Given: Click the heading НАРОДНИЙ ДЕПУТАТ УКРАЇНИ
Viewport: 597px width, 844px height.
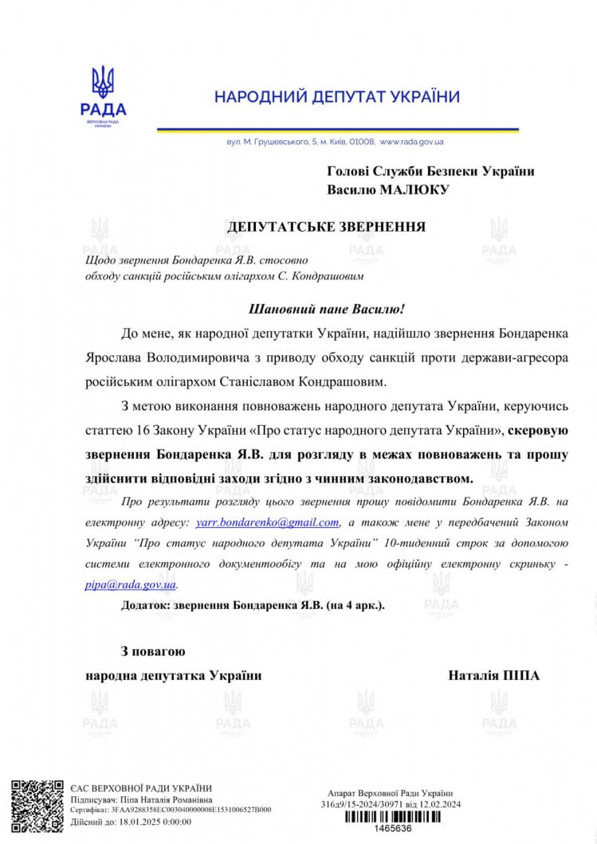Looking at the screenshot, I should coord(337,97).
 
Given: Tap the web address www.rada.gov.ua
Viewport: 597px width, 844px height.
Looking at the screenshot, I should coord(411,142).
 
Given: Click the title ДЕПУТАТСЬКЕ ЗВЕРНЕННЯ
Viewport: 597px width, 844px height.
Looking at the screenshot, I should coord(326,227).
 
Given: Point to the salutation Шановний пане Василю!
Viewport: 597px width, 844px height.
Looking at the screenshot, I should coord(327,308).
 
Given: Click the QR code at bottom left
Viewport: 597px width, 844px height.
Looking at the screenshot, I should coord(37,806).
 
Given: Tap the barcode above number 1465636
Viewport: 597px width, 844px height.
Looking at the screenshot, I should coord(393,816).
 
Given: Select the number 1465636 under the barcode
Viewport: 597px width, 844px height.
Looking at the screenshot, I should coord(393,829).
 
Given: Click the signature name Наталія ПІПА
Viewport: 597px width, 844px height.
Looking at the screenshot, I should coord(494,675).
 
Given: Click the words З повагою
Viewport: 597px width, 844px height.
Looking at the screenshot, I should coord(153,651).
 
